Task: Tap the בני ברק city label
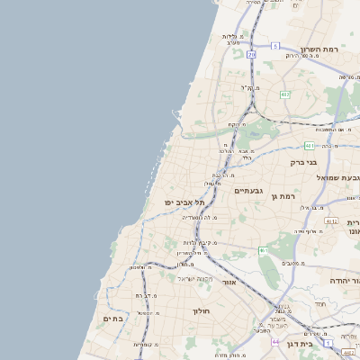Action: point(303,163)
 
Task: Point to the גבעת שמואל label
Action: point(337,177)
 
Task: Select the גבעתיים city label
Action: point(247,191)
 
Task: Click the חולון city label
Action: point(200,310)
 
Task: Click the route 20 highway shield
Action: point(252,55)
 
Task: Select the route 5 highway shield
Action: point(274,44)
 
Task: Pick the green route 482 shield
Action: point(285,94)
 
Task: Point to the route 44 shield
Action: point(274,342)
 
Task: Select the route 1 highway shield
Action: point(328,343)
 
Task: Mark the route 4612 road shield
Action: point(330,220)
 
